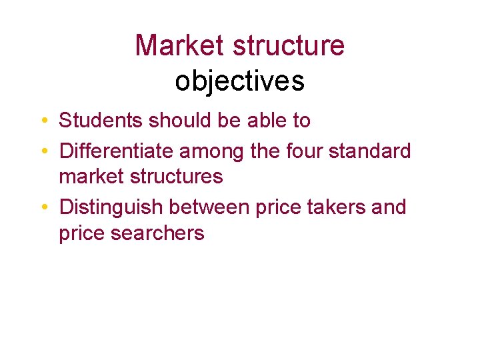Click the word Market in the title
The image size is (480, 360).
click(x=179, y=46)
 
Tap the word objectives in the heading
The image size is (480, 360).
click(x=240, y=81)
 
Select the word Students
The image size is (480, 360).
click(x=101, y=121)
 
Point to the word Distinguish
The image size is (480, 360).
click(x=111, y=207)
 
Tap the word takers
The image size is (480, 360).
click(x=335, y=207)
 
